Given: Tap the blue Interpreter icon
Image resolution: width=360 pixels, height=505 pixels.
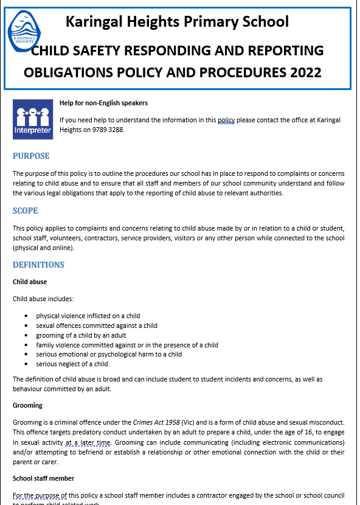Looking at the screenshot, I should point(32,119).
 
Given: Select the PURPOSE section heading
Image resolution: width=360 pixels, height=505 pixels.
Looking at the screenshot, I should point(31,156).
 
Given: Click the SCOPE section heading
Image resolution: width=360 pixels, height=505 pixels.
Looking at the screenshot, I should point(25,211).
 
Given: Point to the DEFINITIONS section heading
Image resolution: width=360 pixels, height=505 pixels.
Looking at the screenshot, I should point(38,265).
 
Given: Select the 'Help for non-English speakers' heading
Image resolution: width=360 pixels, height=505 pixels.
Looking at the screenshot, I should point(103,103).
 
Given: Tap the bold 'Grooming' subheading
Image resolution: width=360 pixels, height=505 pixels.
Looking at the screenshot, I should point(27,405).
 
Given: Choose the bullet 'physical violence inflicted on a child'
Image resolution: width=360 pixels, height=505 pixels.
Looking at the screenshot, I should point(88,316).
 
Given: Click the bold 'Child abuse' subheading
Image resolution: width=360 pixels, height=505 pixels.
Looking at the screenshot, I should point(30,282).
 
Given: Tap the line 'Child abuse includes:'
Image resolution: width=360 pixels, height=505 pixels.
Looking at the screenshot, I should point(43,299).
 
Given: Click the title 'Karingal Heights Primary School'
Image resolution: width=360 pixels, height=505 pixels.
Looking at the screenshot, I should point(177,23).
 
